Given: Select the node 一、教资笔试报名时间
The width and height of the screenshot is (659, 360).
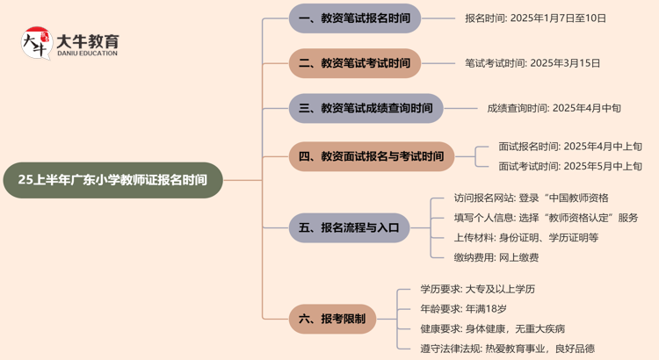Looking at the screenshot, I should [x=354, y=18].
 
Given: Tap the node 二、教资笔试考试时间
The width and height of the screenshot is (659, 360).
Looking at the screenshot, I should [x=354, y=63].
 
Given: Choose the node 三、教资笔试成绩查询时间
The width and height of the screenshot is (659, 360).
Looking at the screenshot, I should [x=366, y=108].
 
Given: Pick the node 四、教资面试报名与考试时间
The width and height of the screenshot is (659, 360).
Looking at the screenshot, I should [x=371, y=156].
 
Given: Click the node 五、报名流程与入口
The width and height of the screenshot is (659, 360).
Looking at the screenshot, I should [x=349, y=227].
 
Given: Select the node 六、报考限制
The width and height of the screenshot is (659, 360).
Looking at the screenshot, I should [x=332, y=319].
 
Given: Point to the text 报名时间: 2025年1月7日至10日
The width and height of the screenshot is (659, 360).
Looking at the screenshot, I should [x=535, y=18].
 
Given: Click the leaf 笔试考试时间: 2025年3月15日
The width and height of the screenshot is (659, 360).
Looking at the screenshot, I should [x=532, y=63].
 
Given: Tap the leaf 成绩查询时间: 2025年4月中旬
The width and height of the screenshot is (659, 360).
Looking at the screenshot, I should [x=554, y=108].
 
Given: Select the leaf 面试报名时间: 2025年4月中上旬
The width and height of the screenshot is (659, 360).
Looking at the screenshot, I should [x=570, y=147].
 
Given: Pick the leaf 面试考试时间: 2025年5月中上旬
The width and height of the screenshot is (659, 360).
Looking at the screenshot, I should [x=570, y=166].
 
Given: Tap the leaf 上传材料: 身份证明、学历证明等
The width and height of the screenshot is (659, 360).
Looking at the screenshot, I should [x=525, y=237].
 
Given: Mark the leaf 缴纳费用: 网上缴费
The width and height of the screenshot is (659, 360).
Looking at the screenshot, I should [x=496, y=257].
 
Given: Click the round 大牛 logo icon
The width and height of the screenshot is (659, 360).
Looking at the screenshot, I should [x=36, y=43].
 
